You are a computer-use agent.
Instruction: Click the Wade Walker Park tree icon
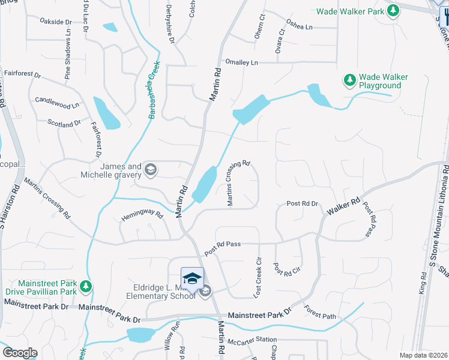click(393, 10)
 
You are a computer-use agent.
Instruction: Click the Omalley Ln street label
click(241, 62)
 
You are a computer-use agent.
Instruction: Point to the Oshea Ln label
click(300, 27)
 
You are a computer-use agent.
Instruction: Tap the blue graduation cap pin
click(192, 278)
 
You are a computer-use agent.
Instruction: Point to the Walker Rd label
click(343, 207)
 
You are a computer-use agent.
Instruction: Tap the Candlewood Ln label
click(57, 103)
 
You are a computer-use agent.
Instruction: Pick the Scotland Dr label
click(64, 123)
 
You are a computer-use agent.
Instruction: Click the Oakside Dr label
click(55, 22)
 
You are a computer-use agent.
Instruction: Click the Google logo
click(20, 353)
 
